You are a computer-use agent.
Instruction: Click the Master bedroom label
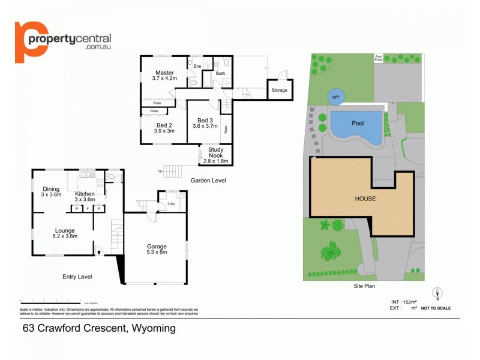pos(163,73)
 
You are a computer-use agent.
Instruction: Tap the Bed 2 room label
pos(164,125)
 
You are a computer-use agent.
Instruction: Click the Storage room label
pos(279,91)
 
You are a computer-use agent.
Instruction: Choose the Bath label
pos(220,74)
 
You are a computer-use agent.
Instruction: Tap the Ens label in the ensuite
pos(197,66)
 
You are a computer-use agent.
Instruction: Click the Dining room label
pos(51,189)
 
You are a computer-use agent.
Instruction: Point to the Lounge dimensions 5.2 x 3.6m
pos(65,236)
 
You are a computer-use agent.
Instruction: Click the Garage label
pos(157,246)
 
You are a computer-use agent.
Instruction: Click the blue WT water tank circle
pos(335,97)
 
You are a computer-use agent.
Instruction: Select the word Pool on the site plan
pos(358,123)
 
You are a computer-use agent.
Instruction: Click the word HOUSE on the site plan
pos(365,199)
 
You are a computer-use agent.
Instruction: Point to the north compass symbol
pos(439,293)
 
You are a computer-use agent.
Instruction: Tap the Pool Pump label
pos(378,58)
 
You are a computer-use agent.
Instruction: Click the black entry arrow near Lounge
pos(98,253)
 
